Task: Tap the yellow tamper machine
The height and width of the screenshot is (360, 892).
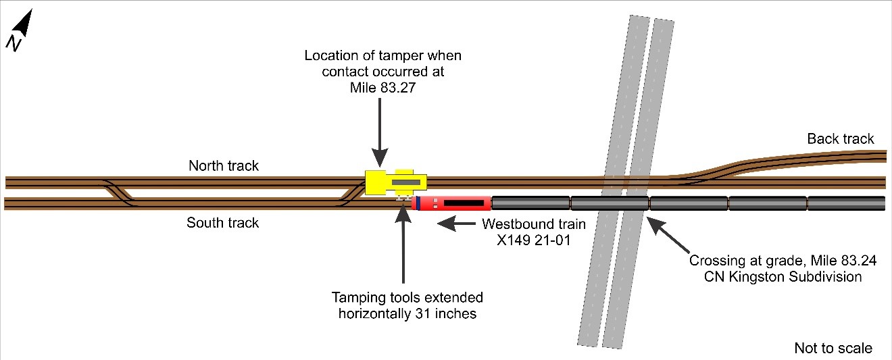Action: click(x=395, y=182)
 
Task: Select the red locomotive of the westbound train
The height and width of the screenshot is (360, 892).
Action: click(x=452, y=203)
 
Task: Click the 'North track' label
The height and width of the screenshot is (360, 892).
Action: click(x=224, y=166)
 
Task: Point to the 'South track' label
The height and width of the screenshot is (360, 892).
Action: click(x=223, y=222)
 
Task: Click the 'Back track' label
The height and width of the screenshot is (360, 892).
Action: click(x=841, y=139)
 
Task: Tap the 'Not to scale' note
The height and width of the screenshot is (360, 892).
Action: click(x=833, y=349)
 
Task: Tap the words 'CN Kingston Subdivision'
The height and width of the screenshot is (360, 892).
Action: click(x=775, y=277)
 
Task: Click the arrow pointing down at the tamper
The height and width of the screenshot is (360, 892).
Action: click(x=379, y=138)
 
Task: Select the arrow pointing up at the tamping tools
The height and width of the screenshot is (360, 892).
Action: click(x=403, y=243)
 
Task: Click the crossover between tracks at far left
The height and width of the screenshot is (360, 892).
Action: click(x=120, y=192)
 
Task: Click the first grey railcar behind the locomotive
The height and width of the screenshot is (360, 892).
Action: click(x=530, y=203)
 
